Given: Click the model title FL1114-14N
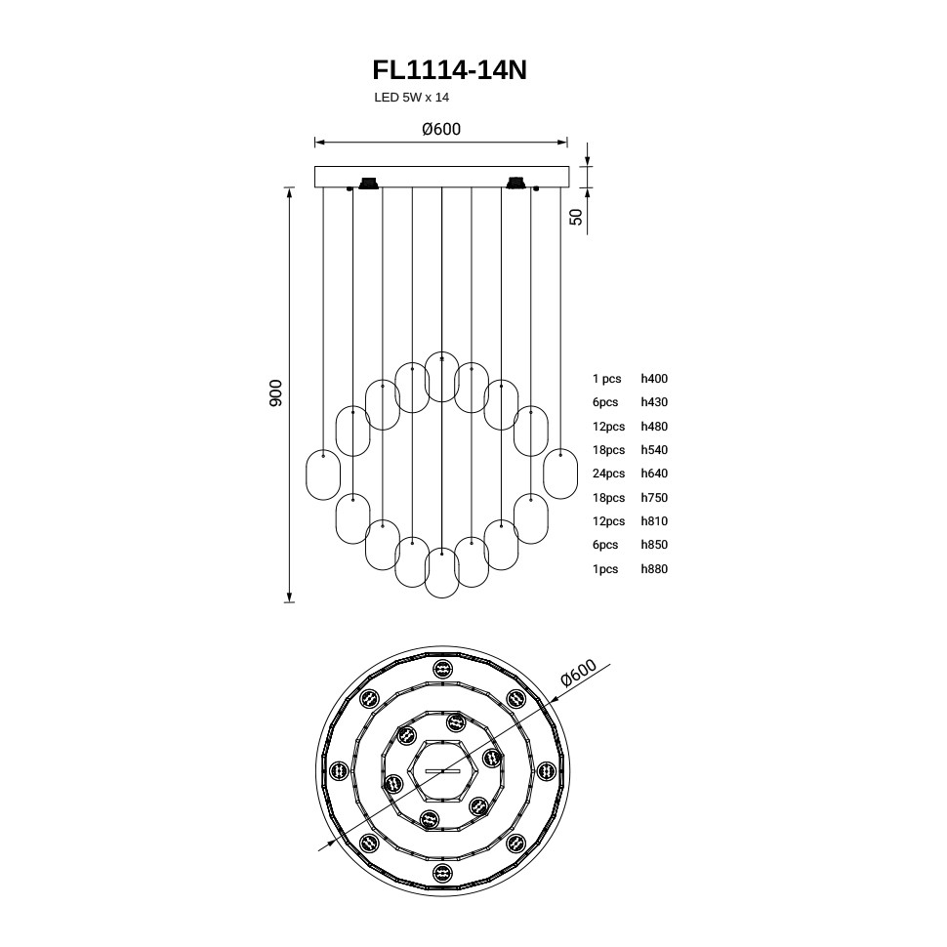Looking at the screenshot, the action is tap(449, 70).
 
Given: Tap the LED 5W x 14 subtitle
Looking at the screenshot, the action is tap(411, 98).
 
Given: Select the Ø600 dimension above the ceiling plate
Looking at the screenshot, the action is tap(441, 129).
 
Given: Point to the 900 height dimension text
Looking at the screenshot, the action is tap(275, 392).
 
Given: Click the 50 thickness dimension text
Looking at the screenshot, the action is tap(577, 217).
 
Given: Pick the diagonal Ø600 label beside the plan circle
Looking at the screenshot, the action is tap(579, 673).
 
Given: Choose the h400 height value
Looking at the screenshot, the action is tap(654, 379).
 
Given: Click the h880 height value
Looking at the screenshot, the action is tap(654, 569).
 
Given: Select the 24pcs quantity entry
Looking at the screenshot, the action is tap(608, 473).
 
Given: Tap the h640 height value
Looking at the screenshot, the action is tap(654, 473).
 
